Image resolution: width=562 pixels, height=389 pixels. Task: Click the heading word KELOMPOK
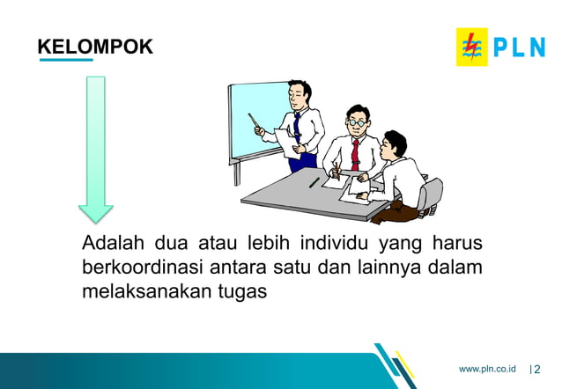(95, 47)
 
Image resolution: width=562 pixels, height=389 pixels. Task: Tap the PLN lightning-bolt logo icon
(471, 47)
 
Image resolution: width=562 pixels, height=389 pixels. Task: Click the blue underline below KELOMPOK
(65, 61)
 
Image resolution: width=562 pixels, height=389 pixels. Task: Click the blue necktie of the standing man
(297, 128)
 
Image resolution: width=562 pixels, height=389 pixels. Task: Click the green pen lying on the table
(314, 183)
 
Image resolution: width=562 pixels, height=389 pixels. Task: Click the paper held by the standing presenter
(285, 142)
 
